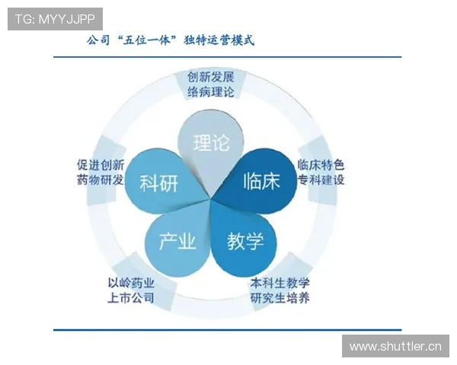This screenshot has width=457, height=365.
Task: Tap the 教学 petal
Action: pos(245,242)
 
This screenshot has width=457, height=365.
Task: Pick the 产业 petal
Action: pos(177,242)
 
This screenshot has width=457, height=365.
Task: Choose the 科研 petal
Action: pos(160,183)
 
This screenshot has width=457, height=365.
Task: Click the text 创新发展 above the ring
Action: pos(211,78)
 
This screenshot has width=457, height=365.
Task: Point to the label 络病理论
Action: pos(211,93)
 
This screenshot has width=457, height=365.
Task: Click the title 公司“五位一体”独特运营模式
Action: pos(171,40)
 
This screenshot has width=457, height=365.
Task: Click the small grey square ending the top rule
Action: pos(51,57)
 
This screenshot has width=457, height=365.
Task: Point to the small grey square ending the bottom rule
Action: pos(51,331)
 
